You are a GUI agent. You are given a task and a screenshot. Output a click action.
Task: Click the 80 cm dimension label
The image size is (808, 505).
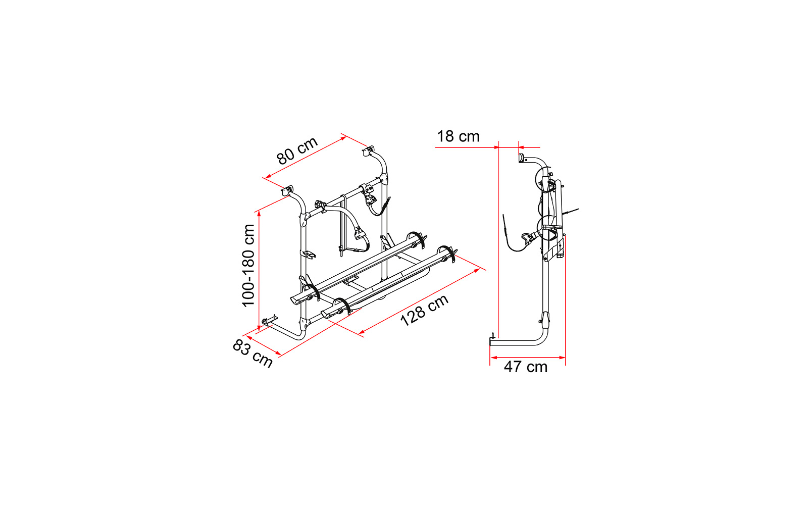coord(297,150)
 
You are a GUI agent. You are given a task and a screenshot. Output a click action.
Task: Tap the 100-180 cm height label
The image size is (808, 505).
coord(248,266)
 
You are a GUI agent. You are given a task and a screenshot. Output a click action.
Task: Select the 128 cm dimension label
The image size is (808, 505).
coord(424,310)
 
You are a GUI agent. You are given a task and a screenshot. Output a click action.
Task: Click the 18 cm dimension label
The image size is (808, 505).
coord(458,137)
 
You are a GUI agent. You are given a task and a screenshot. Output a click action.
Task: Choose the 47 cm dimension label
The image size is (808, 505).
coord(526,367)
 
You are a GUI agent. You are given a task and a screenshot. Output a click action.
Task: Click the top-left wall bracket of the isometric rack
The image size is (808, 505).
coord(287,190)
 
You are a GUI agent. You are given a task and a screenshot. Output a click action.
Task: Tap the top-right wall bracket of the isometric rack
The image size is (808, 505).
coord(368,151)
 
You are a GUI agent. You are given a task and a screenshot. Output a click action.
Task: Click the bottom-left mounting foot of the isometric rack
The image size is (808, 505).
coord(270,320)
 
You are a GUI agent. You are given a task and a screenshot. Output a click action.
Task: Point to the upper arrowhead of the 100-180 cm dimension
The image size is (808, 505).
coord(259,214)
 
